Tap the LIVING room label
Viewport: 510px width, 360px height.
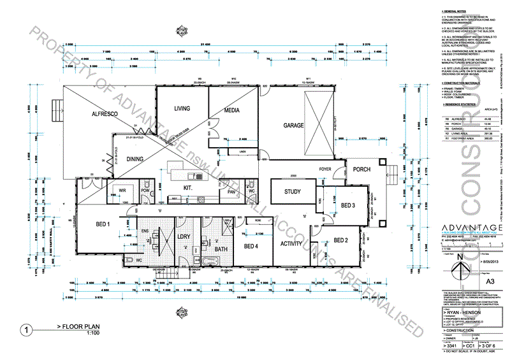[183, 109]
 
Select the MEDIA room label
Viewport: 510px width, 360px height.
[231, 110]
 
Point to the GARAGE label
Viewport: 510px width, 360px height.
[294, 126]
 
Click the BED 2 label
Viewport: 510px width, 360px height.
[341, 240]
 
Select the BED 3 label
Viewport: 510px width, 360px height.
[347, 205]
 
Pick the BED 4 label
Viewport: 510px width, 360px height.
[252, 246]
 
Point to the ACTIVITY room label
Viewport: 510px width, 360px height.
[291, 243]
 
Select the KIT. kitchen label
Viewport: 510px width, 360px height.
[188, 188]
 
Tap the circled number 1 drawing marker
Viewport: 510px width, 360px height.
[26, 330]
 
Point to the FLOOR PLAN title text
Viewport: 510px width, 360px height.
[82, 326]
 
